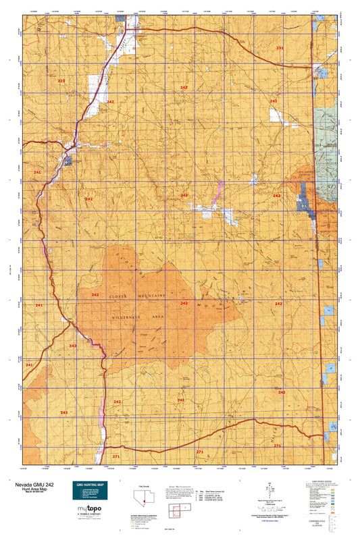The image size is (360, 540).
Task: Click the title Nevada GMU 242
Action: coord(30,485)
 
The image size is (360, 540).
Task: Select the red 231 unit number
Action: coord(280,49)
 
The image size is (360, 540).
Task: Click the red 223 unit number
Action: coord(61,81)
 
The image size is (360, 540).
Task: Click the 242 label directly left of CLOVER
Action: coord(95,295)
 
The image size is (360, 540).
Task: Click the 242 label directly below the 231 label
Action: coord(274,101)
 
